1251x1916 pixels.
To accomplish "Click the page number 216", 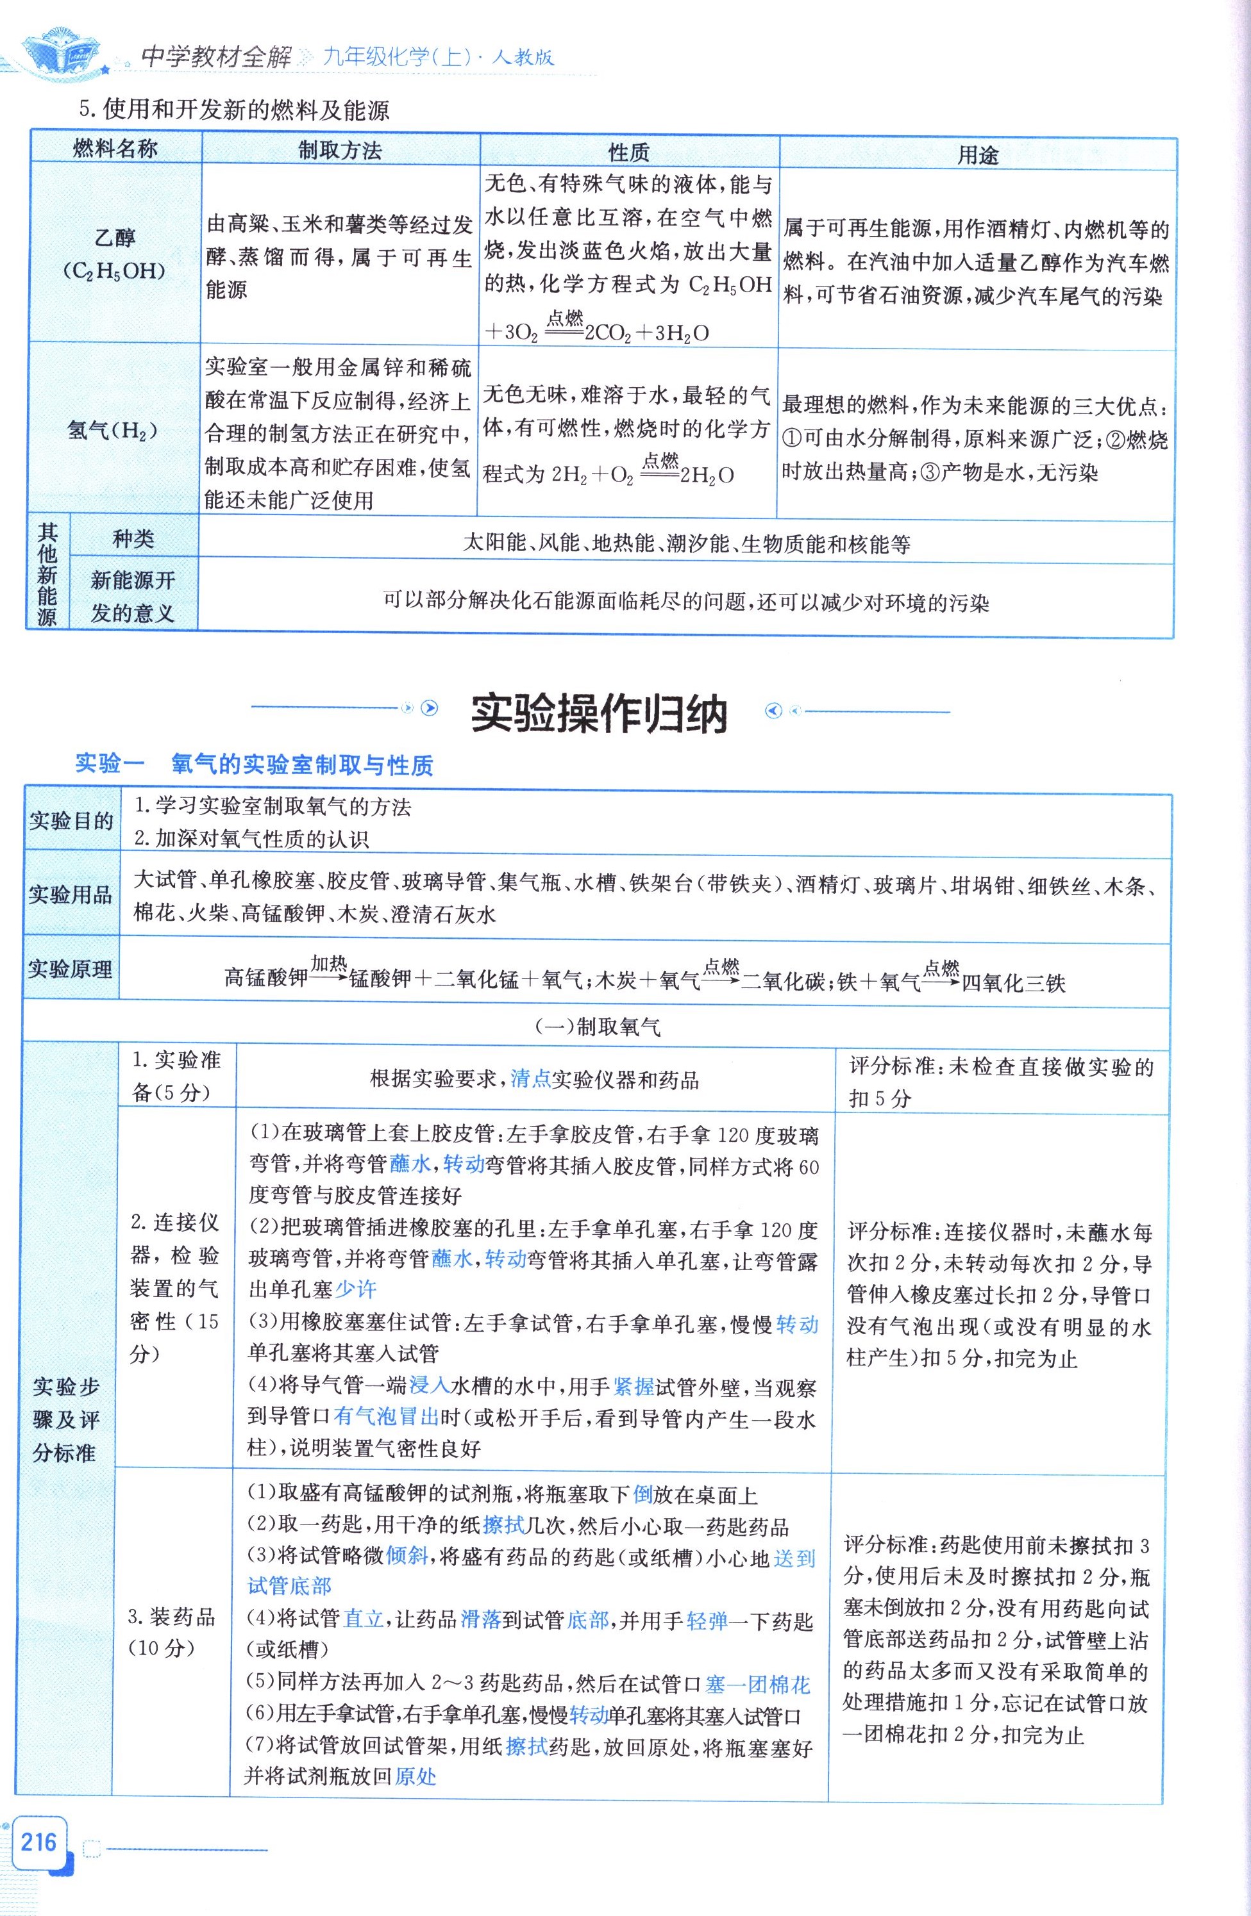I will [38, 1840].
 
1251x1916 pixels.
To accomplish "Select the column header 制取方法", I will [340, 151].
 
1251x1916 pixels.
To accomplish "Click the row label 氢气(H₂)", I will [113, 431].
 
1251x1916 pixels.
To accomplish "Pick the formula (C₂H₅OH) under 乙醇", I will [113, 271].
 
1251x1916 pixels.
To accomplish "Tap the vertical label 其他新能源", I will [47, 573].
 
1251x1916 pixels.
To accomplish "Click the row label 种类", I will [133, 538].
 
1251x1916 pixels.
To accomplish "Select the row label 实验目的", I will [71, 821].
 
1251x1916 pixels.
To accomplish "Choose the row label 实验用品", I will [71, 895].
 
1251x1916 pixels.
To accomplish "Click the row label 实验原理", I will [71, 970].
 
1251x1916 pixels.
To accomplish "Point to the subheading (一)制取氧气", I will [597, 1027].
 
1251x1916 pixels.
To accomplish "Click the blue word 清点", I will [531, 1078].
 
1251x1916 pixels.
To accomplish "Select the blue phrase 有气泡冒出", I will [386, 1416].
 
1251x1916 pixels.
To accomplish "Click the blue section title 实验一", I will [110, 763].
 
